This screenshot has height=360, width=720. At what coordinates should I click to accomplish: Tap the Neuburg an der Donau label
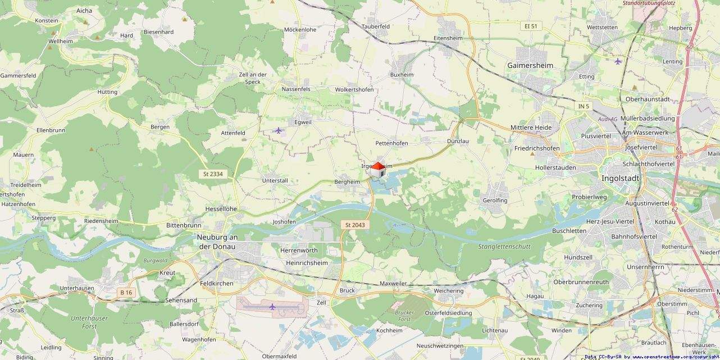[217, 241]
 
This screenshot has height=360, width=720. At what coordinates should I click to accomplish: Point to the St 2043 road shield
[355, 225]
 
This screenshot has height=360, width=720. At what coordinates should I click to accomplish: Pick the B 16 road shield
[126, 292]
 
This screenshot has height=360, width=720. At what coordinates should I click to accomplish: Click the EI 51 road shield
[530, 26]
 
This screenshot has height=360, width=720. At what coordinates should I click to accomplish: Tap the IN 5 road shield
[583, 106]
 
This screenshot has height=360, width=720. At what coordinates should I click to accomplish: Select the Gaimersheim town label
[530, 65]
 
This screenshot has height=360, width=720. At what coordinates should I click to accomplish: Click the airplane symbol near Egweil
[279, 130]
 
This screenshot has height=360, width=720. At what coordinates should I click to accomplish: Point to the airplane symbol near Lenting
[618, 61]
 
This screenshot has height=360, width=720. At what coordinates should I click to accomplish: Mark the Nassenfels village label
[296, 89]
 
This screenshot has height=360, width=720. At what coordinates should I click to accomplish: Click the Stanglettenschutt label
[504, 246]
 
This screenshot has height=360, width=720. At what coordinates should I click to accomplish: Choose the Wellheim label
[61, 42]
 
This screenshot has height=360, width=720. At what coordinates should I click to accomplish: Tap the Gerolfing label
[495, 200]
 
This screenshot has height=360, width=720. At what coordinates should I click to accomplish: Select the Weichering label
[449, 291]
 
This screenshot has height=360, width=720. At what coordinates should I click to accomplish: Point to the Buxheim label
[402, 75]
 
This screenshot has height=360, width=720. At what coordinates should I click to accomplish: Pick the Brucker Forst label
[404, 316]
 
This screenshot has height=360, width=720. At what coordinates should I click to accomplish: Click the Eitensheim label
[448, 38]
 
